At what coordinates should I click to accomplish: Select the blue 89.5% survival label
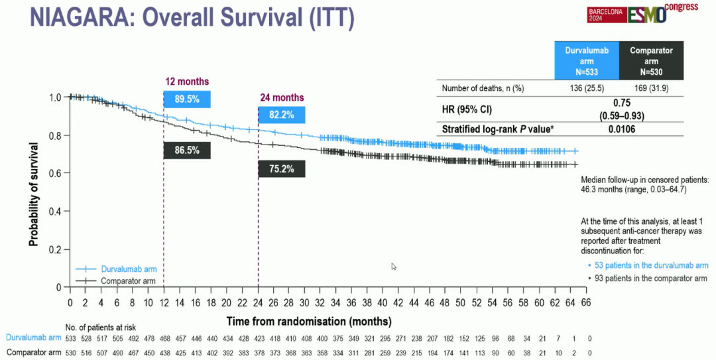point(186,99)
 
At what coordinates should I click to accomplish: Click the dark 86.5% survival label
point(186,150)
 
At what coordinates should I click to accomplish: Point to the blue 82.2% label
point(282,115)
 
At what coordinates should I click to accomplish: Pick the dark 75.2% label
point(282,168)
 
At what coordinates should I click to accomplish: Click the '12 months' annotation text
point(187,82)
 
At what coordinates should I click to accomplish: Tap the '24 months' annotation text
point(282,97)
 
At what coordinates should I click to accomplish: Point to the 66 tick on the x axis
point(586,302)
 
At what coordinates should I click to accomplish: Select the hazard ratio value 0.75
point(621,103)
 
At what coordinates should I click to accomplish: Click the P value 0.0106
point(621,129)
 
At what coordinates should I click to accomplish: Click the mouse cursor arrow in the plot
point(394,267)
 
